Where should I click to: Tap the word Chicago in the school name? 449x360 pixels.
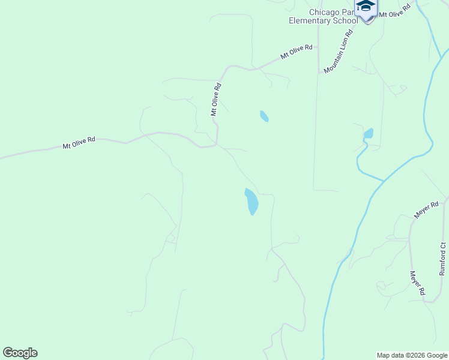tap(324, 12)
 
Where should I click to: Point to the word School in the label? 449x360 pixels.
tap(345, 21)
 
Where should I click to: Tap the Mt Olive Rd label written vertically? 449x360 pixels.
tap(215, 100)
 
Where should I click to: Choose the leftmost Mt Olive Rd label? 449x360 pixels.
tap(79, 143)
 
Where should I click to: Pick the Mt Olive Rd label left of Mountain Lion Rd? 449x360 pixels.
tap(297, 52)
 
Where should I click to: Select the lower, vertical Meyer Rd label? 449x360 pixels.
tap(418, 283)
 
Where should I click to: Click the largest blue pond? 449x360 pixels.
tap(252, 201)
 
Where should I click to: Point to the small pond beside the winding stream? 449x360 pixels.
tap(369, 133)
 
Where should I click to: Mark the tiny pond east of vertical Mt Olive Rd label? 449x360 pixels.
tap(264, 116)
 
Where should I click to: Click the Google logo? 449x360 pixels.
tap(20, 353)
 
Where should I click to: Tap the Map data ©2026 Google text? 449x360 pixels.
tap(412, 355)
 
